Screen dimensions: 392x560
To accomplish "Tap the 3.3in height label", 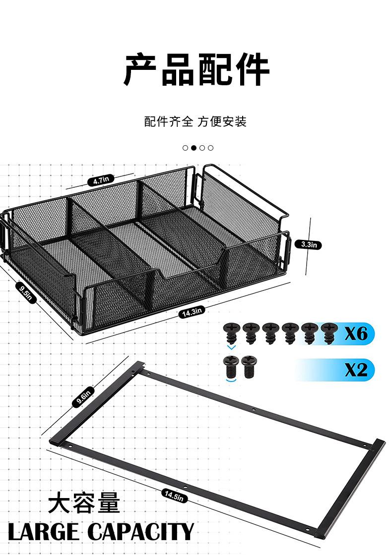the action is (308, 244).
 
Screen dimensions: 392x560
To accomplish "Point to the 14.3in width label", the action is (192, 312).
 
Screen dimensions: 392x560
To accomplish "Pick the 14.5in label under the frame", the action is (174, 495).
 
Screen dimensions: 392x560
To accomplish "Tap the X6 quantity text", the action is (356, 334).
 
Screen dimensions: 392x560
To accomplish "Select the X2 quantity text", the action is (356, 370).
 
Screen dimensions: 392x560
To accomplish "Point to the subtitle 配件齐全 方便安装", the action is (196, 121).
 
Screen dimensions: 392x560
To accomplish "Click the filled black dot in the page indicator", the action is (194, 148).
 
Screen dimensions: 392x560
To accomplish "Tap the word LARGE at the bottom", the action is (44, 532).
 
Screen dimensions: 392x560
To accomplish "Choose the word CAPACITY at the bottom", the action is (141, 532).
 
